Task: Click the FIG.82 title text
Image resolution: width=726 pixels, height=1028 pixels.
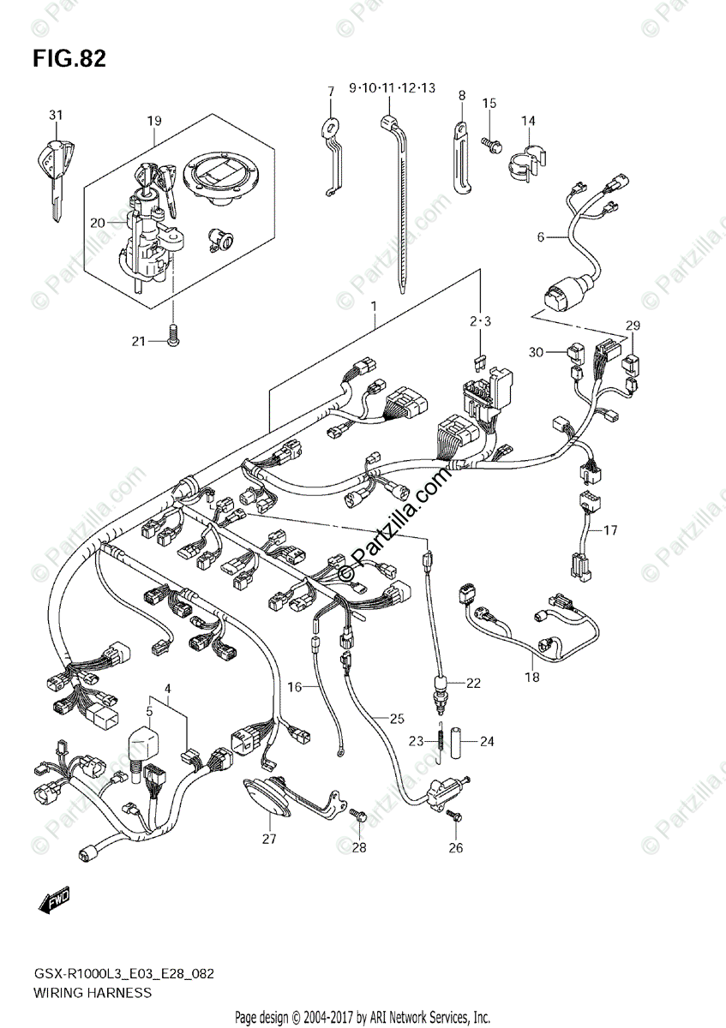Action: (69, 59)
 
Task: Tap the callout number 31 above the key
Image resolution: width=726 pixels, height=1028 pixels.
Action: (56, 116)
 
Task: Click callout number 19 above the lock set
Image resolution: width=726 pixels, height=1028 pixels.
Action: (153, 121)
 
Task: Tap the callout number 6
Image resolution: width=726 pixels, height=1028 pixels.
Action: (541, 236)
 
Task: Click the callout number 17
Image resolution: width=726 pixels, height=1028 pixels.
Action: (609, 530)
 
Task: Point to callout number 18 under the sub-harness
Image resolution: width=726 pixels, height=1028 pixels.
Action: (532, 677)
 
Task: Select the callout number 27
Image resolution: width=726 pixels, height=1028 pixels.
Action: (269, 839)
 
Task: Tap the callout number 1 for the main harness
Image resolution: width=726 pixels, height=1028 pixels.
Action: (375, 306)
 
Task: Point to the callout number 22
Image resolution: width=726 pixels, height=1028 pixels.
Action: (474, 683)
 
